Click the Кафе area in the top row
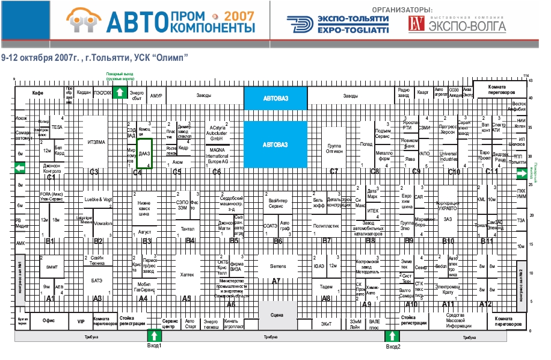pos(37,94)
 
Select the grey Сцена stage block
pos(277,314)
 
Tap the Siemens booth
pos(277,265)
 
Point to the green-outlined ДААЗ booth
pos(144,154)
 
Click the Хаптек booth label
pos(187,274)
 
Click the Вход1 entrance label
pos(155,347)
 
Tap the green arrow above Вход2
pos(392,336)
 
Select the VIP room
pos(81,321)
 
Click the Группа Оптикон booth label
pos(335,149)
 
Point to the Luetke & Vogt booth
pos(98,199)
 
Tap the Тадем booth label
pos(327,287)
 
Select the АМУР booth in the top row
pos(156,96)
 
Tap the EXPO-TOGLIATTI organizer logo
pos(337,24)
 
